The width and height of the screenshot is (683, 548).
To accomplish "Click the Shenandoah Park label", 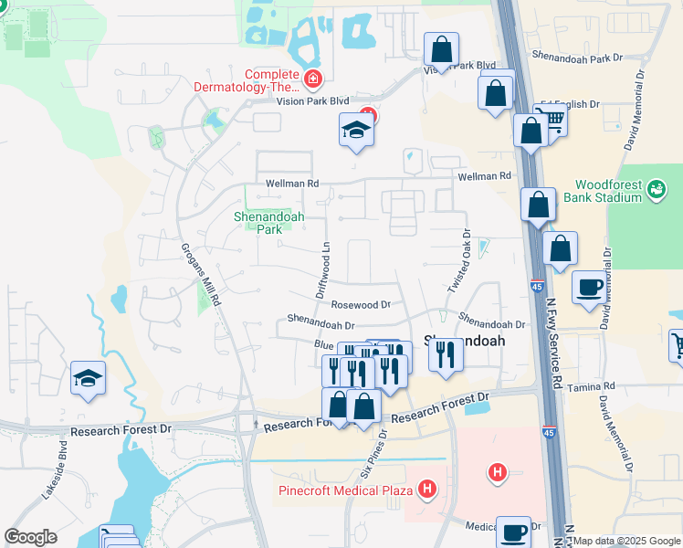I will (268, 223).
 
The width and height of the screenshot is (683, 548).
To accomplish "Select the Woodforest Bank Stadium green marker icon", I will (655, 190).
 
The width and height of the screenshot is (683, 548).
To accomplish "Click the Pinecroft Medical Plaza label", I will (346, 490).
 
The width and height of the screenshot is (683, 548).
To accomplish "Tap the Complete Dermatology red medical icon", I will (313, 79).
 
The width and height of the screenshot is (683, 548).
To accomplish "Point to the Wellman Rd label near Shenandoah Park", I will (292, 184).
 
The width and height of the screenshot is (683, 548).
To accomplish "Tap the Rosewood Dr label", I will (361, 305).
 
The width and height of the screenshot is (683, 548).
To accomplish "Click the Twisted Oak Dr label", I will (457, 261).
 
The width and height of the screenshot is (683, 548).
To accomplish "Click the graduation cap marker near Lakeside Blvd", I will (88, 379).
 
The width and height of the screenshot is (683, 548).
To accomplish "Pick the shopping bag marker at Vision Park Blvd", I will (441, 50).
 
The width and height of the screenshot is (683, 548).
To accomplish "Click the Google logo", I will (30, 537).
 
